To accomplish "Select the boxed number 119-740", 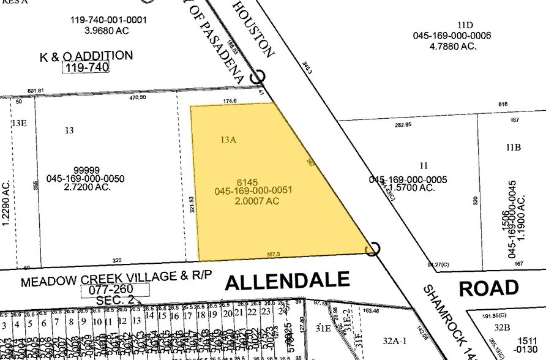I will [x=86, y=67].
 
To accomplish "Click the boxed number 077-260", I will [x=114, y=290].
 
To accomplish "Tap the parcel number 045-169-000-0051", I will [x=253, y=190].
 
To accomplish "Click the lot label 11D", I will [x=465, y=25].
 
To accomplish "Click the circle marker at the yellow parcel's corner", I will [x=372, y=249].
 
